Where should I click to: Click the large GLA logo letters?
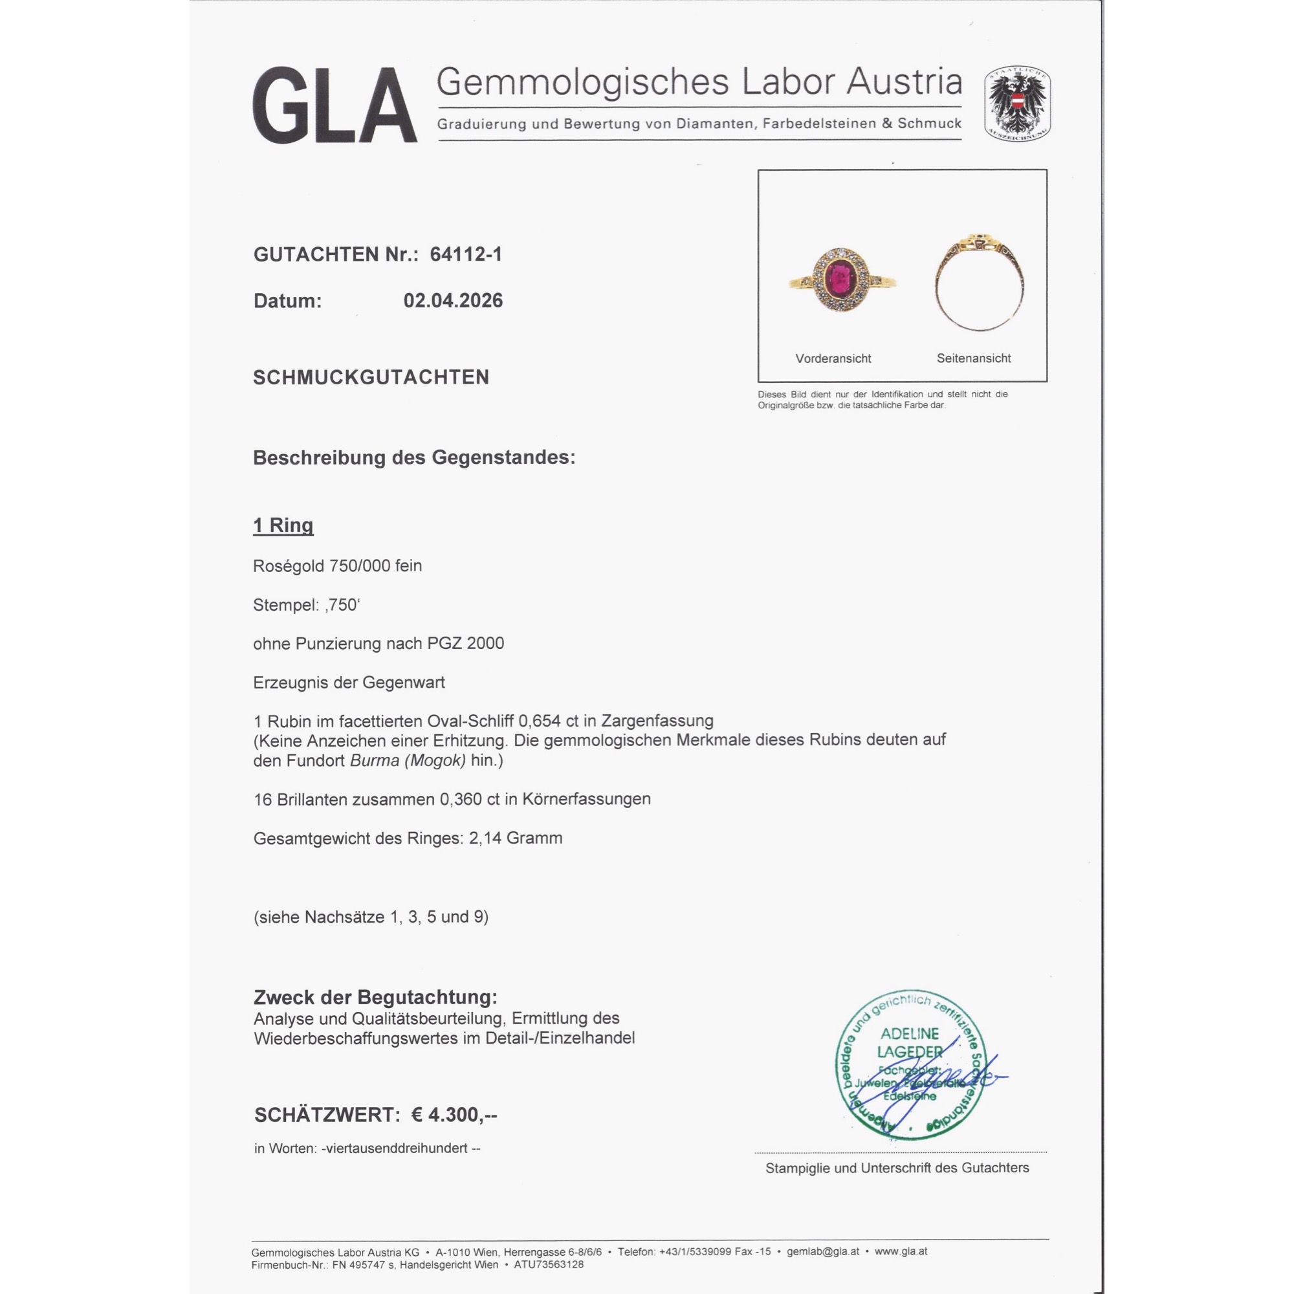coord(335,105)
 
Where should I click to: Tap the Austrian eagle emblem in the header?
coord(1016,104)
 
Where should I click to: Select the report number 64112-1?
coord(466,254)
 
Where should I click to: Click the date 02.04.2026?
coord(453,301)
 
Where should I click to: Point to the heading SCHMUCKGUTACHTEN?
coord(371,378)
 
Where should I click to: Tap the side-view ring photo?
coord(979,282)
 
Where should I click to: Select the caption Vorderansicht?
coord(833,358)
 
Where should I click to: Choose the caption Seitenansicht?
coord(974,358)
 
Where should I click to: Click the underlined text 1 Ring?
coord(283,525)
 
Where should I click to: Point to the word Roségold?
coord(289,566)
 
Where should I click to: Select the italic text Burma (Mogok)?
coord(408,761)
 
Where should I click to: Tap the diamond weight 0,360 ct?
coord(473,799)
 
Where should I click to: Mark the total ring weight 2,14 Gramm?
coord(516,839)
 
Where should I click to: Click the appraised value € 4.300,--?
coord(454,1115)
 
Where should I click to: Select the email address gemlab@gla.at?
coord(822,1251)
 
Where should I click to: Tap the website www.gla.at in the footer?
coord(901,1251)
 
